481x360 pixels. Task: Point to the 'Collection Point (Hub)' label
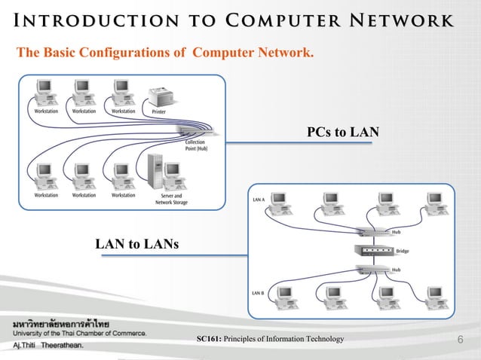pos(198,145)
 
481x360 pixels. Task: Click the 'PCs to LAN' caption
pos(342,133)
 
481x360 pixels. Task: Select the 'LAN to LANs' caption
pos(136,243)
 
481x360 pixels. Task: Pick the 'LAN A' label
pos(258,200)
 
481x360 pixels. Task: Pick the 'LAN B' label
pos(258,292)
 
